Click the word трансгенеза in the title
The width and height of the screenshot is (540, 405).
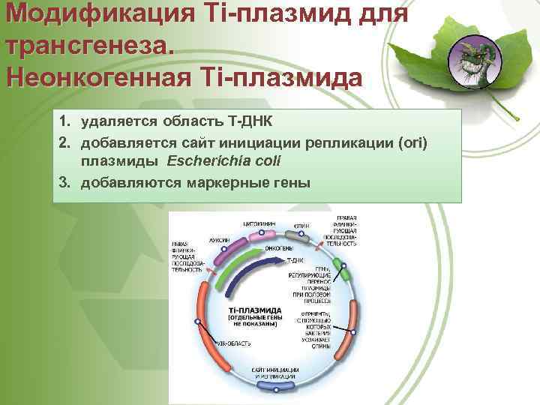tap(85, 44)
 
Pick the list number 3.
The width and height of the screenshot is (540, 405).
tap(66, 182)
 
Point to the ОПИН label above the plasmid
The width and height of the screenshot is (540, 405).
tap(302, 225)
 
